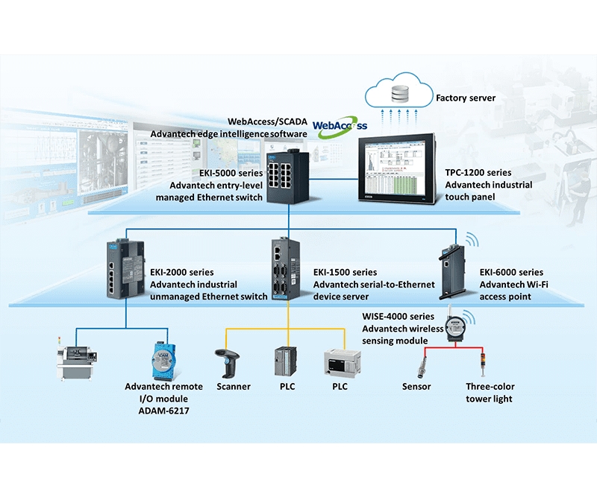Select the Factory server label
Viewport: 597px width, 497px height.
(466, 98)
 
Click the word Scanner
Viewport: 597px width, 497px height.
(234, 387)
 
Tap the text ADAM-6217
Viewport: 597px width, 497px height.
(163, 411)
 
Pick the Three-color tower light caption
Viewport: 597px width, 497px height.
(490, 393)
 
